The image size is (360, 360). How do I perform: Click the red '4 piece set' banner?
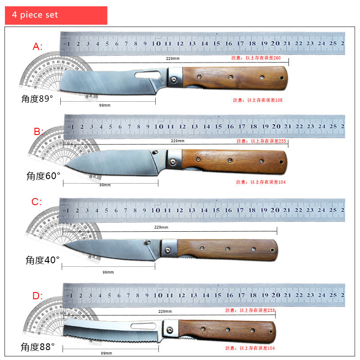56,15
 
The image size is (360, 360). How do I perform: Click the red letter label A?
38,46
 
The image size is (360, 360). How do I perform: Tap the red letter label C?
36,202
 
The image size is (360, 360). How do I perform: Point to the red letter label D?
37,296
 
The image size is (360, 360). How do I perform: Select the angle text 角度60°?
43,176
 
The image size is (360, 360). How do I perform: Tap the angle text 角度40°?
42,260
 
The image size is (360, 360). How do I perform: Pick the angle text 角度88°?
38,347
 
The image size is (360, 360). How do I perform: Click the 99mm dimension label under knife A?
104,105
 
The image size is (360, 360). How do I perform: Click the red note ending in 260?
256,58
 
